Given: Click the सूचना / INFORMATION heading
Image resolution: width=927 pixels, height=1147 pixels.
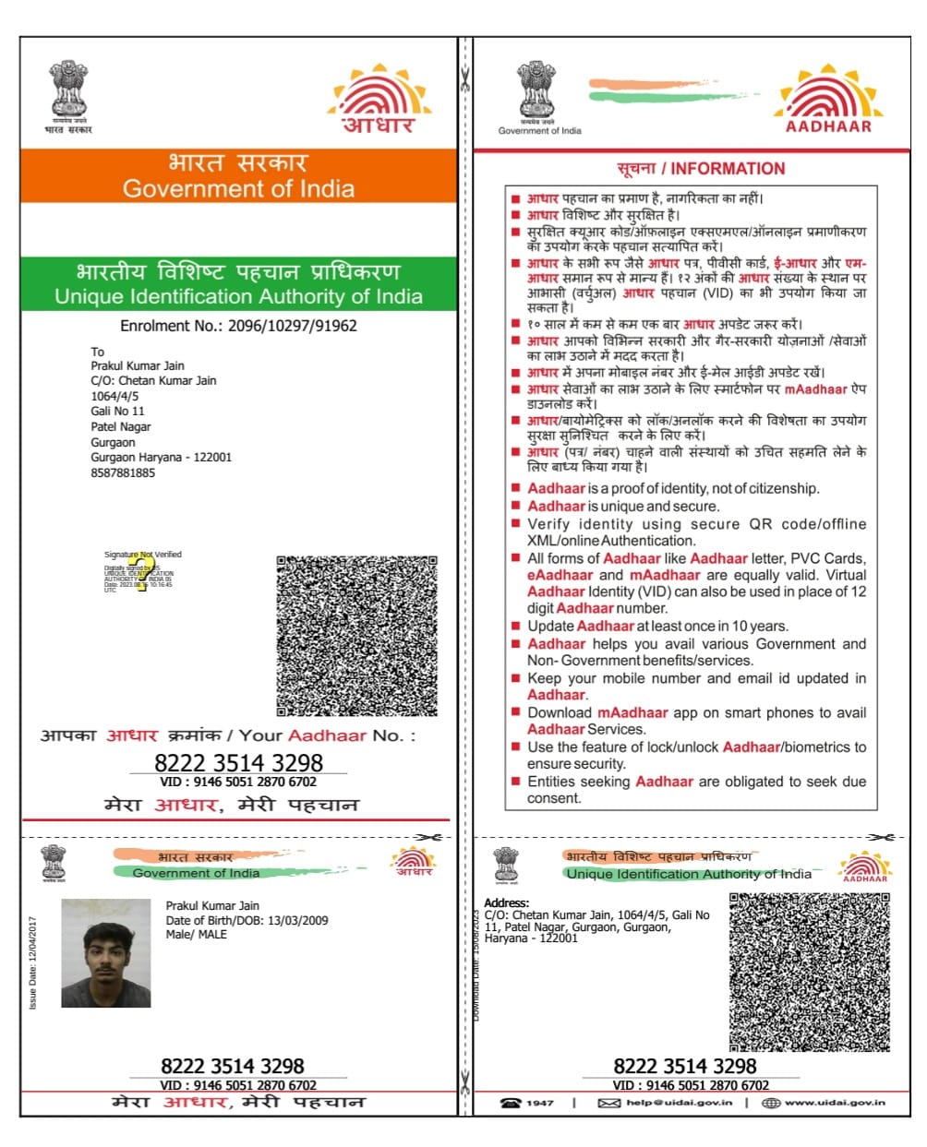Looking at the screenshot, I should click(701, 169).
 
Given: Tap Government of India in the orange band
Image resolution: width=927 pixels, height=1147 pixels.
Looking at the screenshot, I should click(238, 189).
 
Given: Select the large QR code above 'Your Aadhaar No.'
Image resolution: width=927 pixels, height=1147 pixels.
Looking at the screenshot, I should click(356, 636).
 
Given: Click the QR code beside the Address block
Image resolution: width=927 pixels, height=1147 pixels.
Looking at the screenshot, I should click(809, 972).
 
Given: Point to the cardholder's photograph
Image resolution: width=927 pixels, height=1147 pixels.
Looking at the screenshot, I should click(106, 953).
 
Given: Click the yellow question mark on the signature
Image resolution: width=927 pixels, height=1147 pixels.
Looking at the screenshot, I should click(140, 572).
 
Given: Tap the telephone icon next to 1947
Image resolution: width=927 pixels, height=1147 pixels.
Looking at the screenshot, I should click(510, 1103).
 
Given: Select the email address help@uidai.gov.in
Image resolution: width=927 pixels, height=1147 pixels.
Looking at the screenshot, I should click(679, 1103).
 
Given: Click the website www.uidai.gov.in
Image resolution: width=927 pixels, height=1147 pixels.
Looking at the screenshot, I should click(835, 1103).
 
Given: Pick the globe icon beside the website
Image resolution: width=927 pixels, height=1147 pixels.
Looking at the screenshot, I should click(771, 1103).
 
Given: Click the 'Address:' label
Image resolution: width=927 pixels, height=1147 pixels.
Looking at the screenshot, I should click(507, 902).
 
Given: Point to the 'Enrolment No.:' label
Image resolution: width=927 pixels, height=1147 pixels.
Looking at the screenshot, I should click(171, 326).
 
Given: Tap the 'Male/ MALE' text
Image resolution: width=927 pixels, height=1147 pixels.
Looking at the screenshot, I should click(196, 935).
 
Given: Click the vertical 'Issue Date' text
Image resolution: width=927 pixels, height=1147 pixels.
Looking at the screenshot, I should click(33, 962).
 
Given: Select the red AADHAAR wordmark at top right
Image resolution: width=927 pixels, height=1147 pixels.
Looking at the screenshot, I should click(828, 126).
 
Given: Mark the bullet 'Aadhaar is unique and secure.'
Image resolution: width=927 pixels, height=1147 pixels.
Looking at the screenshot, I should click(622, 506).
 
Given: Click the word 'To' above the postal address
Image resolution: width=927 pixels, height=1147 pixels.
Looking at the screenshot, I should click(97, 352).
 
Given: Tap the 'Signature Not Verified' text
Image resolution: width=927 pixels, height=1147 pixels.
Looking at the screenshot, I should click(143, 555).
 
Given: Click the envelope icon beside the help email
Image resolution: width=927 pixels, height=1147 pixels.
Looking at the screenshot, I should click(608, 1103).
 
